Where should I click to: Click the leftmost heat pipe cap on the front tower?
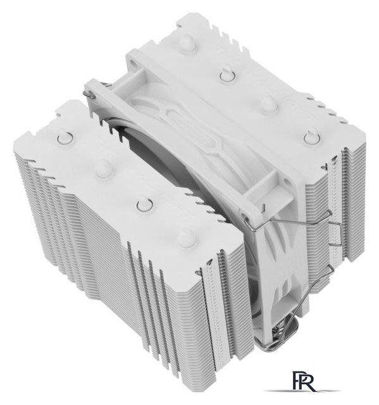click(x=63, y=137)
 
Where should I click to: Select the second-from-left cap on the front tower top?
click(x=101, y=167)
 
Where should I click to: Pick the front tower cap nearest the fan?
click(x=185, y=237)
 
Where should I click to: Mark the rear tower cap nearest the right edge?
click(x=309, y=135)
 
